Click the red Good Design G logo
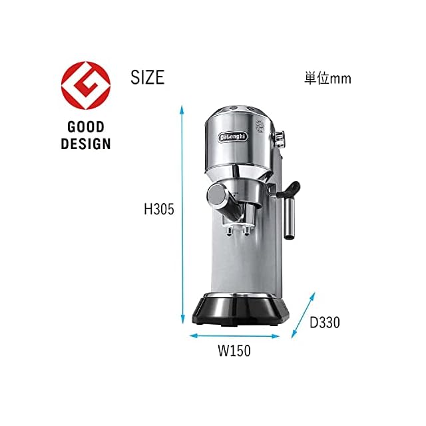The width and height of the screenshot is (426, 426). (x=86, y=86)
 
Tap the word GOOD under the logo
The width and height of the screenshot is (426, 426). (x=86, y=127)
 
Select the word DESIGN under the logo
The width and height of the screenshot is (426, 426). (x=86, y=144)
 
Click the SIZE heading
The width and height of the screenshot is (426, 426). (x=148, y=77)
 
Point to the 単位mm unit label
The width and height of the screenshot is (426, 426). (x=327, y=79)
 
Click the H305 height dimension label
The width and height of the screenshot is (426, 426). (x=159, y=209)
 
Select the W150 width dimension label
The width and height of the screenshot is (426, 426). (x=234, y=351)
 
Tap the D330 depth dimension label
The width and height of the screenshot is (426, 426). (x=325, y=322)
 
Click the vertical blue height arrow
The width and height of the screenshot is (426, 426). (x=182, y=214)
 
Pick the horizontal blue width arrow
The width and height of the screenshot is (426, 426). (x=234, y=336)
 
